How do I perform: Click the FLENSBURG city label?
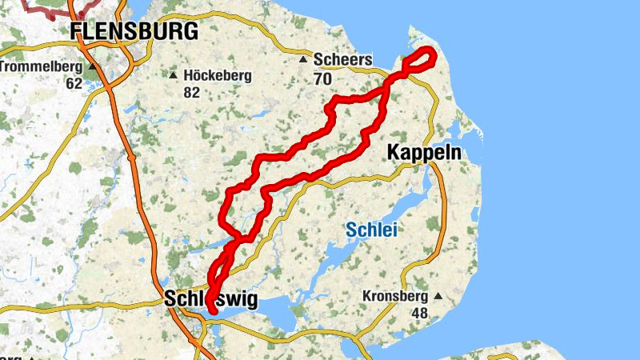tap(134, 32)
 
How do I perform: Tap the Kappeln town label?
tap(424, 151)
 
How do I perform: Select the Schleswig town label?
tap(211, 299)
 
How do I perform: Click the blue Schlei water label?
tap(371, 230)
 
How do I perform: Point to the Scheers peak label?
tap(343, 60)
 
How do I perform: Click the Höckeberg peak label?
tap(218, 76)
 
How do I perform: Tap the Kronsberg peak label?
tap(395, 295)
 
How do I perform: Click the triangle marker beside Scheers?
tap(303, 60)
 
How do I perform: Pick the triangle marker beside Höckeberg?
tap(173, 76)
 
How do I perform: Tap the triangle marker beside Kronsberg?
tap(437, 295)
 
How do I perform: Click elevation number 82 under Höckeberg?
tap(191, 93)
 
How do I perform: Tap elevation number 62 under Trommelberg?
tap(74, 82)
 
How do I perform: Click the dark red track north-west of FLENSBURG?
tap(48, 9)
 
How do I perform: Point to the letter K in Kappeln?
tap(394, 151)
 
